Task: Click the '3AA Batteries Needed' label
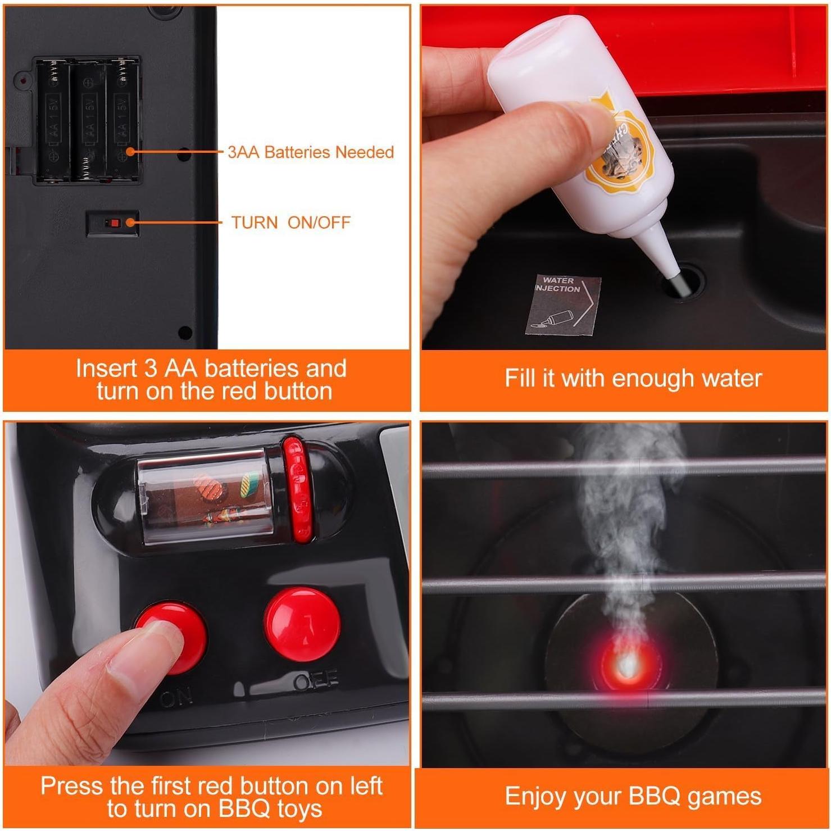310,152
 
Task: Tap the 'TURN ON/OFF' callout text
290,222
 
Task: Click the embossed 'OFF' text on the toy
316,680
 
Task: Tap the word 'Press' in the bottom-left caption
71,785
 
